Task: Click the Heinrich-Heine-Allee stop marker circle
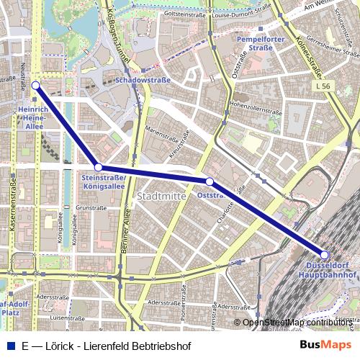click(x=36, y=85)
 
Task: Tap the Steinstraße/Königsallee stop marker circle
click(x=99, y=167)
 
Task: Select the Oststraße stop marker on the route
click(x=209, y=181)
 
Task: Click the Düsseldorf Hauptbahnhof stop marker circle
click(x=325, y=255)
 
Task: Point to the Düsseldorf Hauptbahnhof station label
click(x=325, y=270)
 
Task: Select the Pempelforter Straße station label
click(x=255, y=43)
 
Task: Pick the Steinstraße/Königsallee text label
click(x=104, y=181)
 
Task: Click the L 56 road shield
click(x=322, y=85)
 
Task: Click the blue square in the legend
click(x=9, y=346)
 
